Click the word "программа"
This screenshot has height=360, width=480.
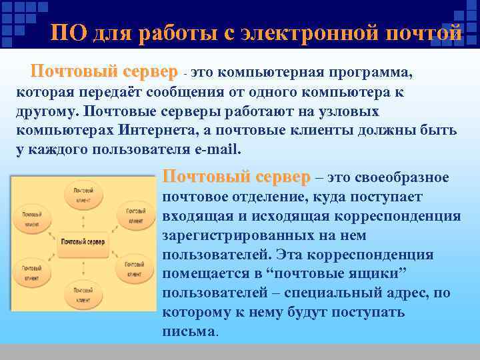374,71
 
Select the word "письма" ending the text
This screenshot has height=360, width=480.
189,331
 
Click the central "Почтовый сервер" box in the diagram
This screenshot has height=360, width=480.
83,240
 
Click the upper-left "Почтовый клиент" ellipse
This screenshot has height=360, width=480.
32,219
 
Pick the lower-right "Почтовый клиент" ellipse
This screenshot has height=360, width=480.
135,271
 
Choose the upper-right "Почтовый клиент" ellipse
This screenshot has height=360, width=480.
135,215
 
